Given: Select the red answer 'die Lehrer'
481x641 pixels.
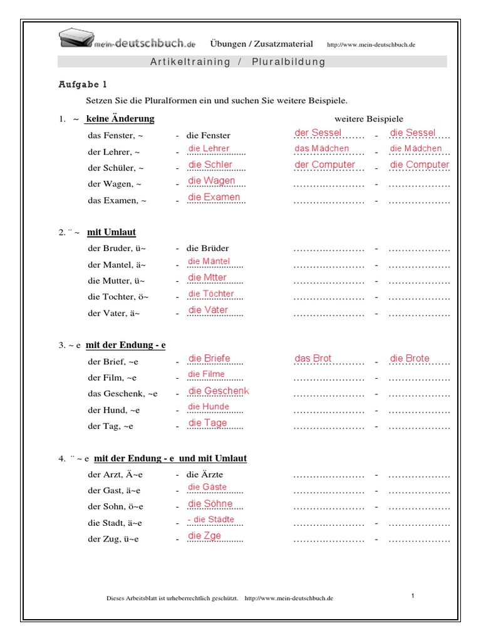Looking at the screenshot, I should pos(209,149).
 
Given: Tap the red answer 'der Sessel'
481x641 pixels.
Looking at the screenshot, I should pos(318,133).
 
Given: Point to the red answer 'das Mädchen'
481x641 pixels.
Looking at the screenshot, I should pos(322,149).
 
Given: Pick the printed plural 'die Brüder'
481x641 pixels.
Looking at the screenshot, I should pos(208,249).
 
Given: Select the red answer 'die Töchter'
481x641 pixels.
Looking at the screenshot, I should pos(211,294).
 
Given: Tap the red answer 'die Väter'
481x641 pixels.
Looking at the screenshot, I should pos(208,310).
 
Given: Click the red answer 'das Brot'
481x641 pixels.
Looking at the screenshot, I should pos(313,359).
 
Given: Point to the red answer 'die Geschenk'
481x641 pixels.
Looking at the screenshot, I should pos(218,391).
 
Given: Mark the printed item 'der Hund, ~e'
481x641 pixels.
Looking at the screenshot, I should pos(114,410).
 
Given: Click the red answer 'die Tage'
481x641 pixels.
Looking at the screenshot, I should pos(207,423).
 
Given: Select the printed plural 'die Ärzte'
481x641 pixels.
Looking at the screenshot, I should pos(205,474).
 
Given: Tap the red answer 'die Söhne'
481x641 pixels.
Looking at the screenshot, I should pos(210,504).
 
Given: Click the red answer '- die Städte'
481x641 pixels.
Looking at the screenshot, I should pos(210,520).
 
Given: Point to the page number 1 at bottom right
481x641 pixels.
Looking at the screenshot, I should pos(413,596).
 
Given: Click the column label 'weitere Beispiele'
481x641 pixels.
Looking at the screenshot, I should pos(369,119).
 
